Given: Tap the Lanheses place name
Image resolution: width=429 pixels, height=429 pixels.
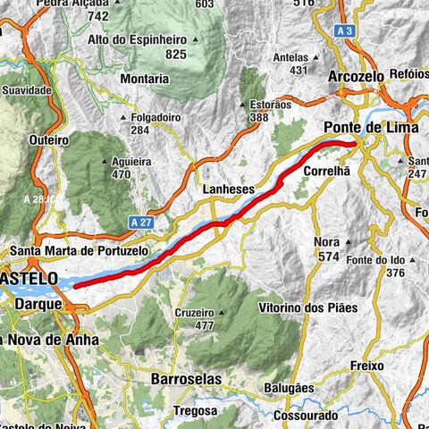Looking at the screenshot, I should click(228, 190).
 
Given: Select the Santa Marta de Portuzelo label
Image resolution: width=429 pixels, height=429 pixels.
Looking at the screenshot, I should click(80, 251).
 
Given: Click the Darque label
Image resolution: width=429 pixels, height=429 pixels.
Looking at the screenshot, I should click(37, 305).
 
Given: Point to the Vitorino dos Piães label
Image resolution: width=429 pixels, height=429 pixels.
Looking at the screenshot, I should click(307, 307).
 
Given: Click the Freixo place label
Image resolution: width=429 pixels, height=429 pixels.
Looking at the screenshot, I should click(366, 366).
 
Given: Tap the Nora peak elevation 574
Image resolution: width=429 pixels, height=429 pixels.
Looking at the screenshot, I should click(327, 257).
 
